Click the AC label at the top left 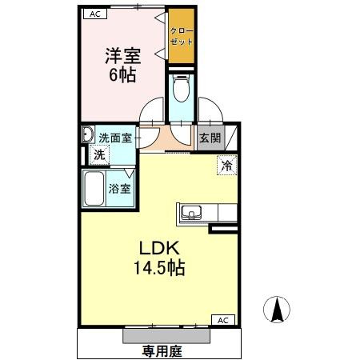coord(94,14)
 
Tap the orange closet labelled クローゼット coord(181,37)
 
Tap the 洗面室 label coord(115,137)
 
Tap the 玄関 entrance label coord(210,137)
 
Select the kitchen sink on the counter coord(191,213)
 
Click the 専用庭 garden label coord(159,350)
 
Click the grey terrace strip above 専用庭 coord(167,334)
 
